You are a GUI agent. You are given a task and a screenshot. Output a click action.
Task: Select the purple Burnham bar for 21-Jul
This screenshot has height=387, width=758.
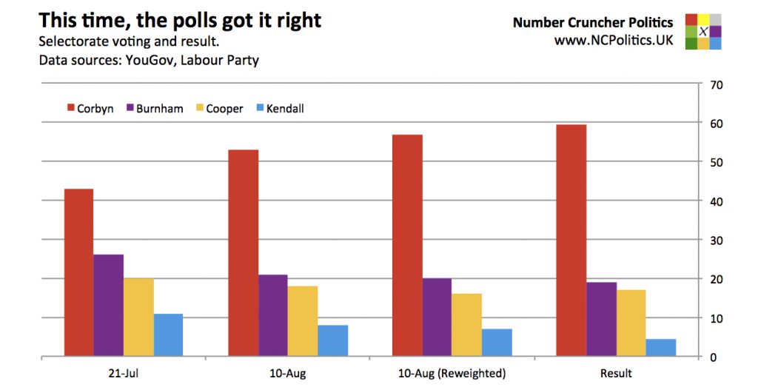108,305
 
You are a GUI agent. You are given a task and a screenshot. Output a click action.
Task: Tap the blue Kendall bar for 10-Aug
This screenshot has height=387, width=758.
333,340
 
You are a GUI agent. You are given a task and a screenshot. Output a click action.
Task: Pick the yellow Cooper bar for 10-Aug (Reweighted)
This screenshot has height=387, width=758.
467,325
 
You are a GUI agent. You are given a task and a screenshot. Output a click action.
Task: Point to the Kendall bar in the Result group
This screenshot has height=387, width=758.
661,348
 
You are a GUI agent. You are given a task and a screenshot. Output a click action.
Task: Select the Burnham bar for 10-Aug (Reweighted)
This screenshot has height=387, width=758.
437,317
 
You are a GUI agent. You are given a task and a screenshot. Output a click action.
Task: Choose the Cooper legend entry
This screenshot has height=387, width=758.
218,109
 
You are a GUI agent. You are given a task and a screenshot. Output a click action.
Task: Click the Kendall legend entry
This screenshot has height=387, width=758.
279,109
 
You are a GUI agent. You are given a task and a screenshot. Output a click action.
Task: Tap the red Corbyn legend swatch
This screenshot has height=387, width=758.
71,109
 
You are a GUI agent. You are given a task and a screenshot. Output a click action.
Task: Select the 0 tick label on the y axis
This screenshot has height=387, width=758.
713,357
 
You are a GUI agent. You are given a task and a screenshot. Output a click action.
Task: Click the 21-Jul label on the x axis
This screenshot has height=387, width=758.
123,373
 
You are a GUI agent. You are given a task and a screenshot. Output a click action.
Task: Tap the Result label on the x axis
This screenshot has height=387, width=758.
617,373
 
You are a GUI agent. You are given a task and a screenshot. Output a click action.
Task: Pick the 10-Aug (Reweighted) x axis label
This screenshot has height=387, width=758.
452,373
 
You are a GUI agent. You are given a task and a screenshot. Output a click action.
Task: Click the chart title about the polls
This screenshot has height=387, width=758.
180,20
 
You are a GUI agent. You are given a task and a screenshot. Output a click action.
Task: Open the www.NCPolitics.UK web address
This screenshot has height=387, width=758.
614,41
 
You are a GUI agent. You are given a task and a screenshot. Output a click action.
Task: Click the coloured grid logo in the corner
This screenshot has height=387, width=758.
702,31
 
